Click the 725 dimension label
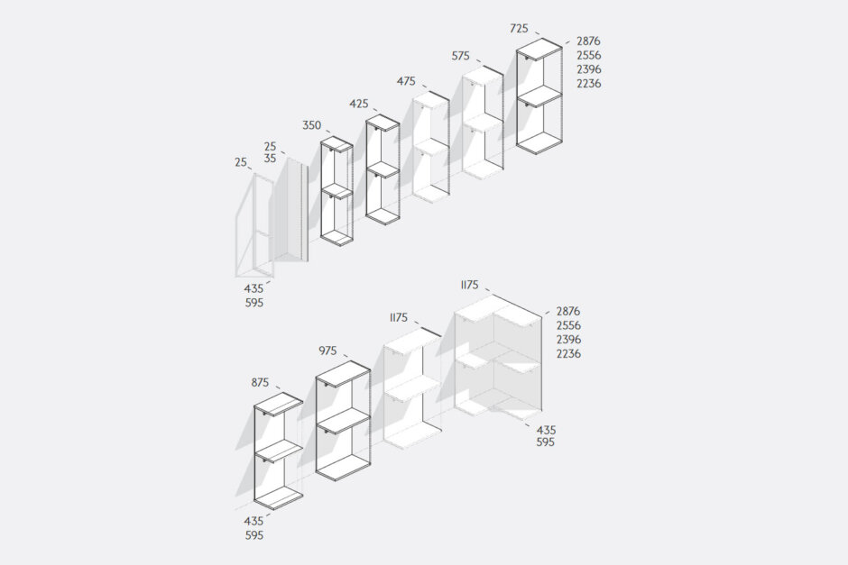[520, 29]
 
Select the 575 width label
[461, 56]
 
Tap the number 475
[406, 82]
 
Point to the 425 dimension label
[358, 104]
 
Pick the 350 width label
[311, 125]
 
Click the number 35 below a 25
[270, 159]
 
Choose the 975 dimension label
[327, 351]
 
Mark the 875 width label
[260, 382]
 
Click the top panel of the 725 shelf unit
[539, 50]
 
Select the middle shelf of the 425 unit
[383, 170]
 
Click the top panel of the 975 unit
[343, 374]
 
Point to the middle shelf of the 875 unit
[279, 451]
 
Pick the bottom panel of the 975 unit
[343, 468]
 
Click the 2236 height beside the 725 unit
[588, 84]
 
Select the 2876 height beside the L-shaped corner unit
[568, 311]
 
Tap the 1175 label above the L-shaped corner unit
[469, 285]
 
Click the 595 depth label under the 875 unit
[254, 536]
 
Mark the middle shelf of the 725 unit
[539, 97]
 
